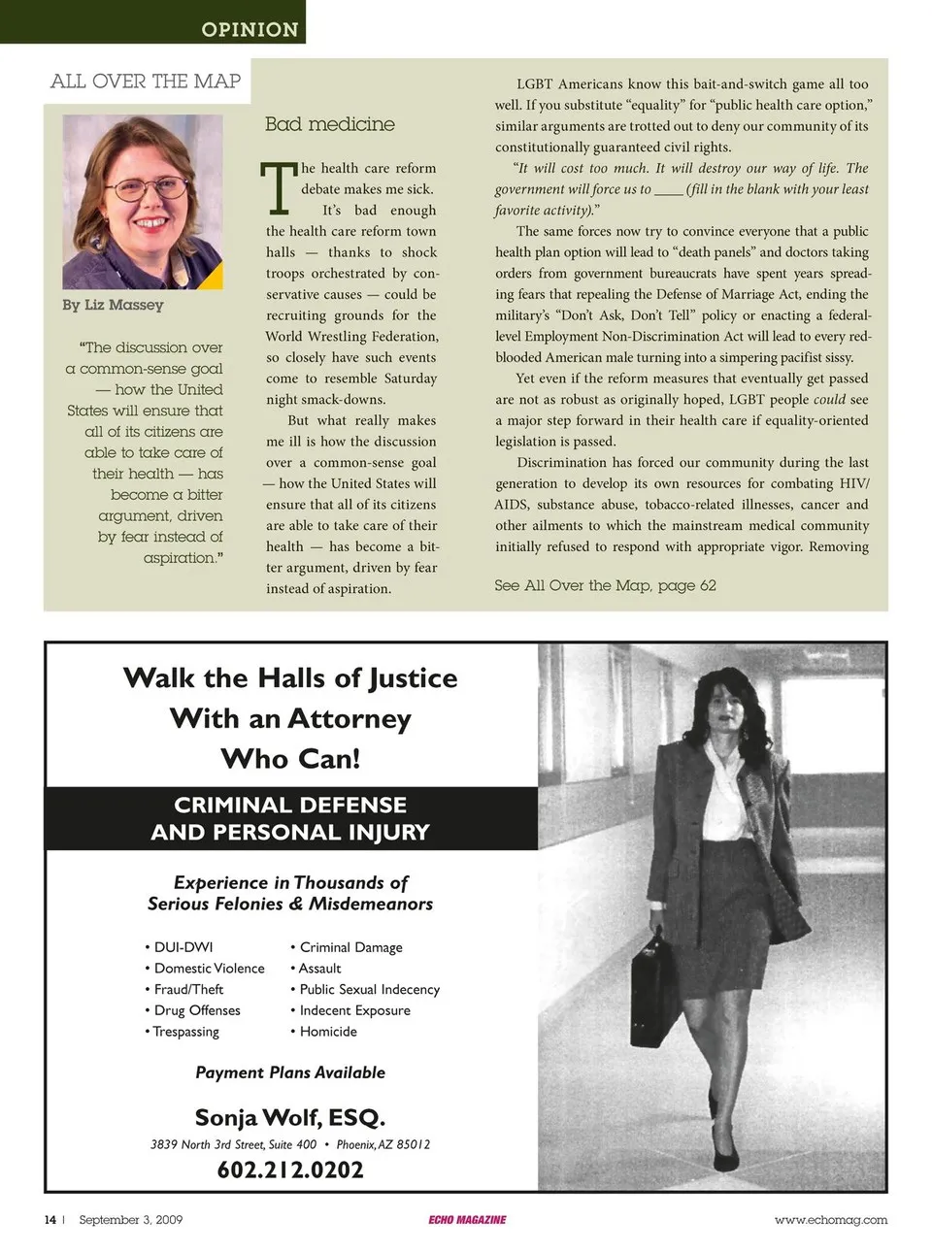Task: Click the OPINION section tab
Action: click(x=250, y=29)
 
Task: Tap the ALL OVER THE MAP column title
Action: click(x=146, y=81)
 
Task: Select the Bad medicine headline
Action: click(x=330, y=124)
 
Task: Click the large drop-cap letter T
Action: click(x=279, y=188)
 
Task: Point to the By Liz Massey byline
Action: click(x=113, y=305)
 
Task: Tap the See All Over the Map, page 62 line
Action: click(x=605, y=585)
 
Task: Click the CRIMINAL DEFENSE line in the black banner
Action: click(x=290, y=805)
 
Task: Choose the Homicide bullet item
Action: click(x=328, y=1032)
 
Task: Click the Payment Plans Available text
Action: click(x=290, y=1072)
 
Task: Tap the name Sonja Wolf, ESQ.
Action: click(x=290, y=1117)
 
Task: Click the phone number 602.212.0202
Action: click(x=290, y=1170)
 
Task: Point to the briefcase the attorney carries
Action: click(x=656, y=975)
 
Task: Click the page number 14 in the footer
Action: click(x=50, y=1220)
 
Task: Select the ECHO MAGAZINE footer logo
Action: click(x=467, y=1220)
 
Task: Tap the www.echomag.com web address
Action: click(x=830, y=1220)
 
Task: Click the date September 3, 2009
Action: click(x=131, y=1220)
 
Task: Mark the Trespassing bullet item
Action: click(x=185, y=1032)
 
